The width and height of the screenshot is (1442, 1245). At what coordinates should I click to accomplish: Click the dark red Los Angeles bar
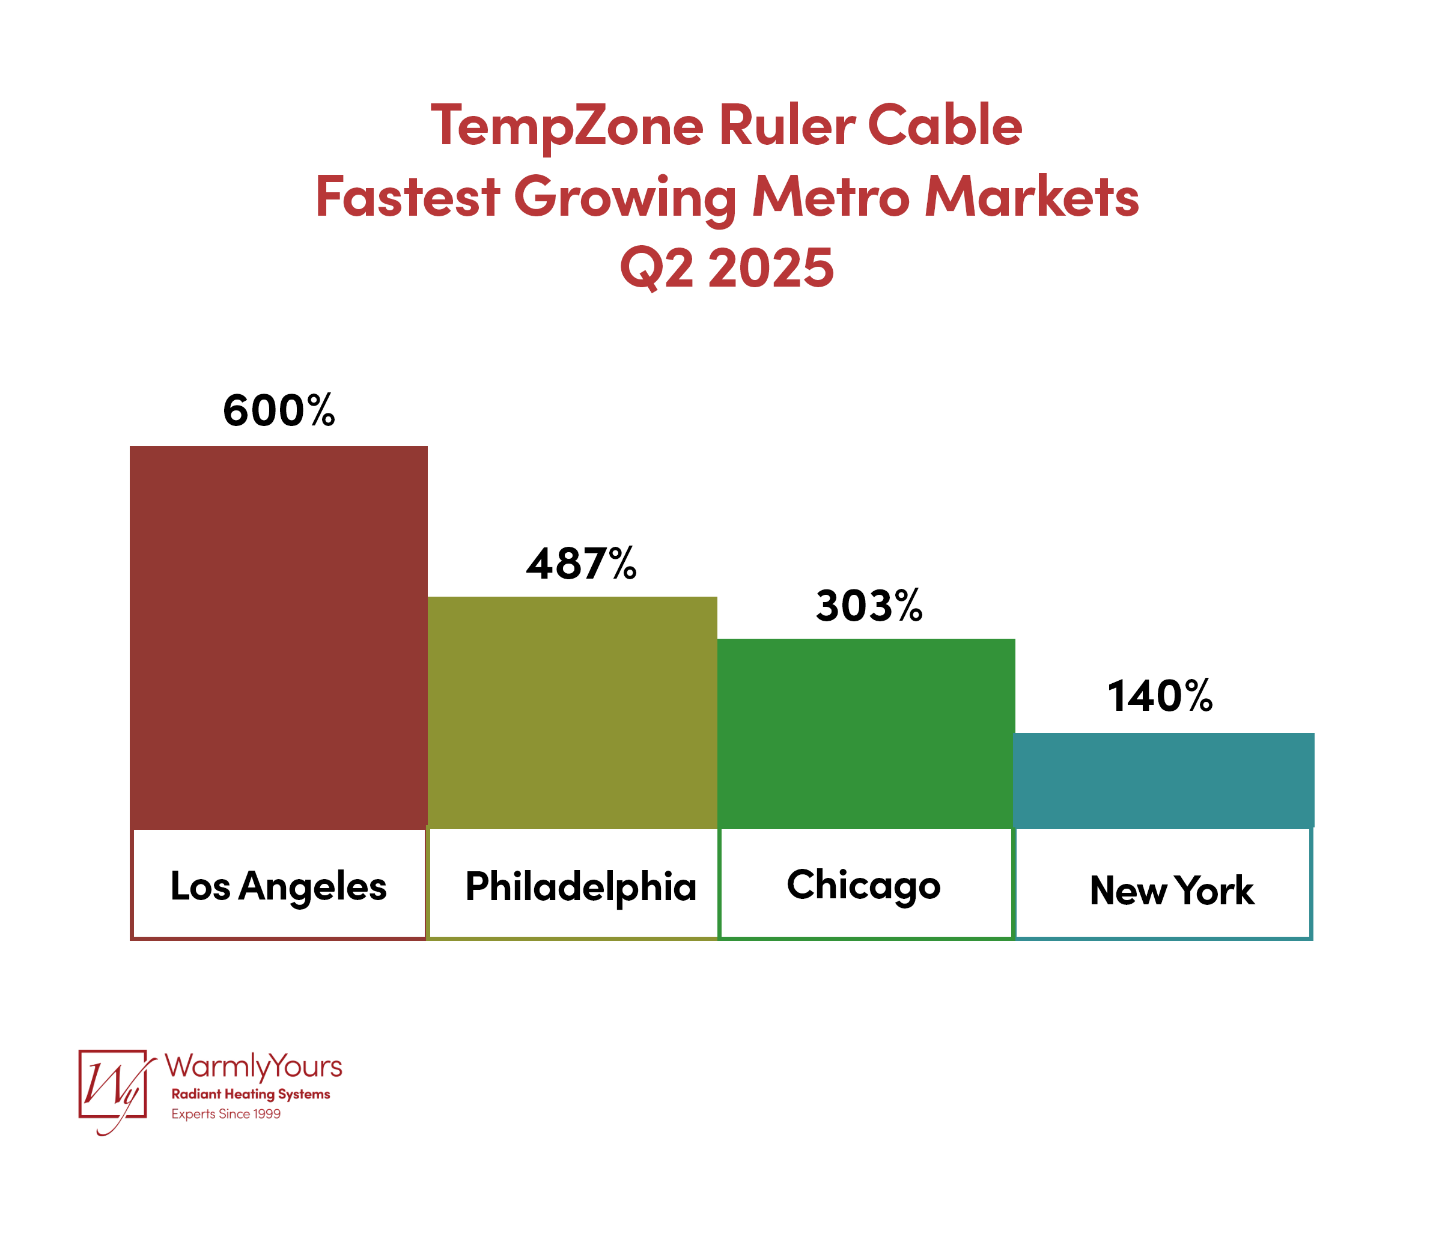[278, 637]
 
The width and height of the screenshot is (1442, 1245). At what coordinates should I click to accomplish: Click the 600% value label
[279, 410]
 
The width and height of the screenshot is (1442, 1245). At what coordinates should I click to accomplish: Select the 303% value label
[869, 606]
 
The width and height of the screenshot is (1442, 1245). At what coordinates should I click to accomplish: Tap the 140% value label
[1160, 696]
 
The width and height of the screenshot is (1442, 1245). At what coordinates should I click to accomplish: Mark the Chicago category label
[863, 885]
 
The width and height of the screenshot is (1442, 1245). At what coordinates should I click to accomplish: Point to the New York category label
[1172, 890]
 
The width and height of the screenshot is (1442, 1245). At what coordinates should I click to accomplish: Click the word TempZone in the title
[567, 126]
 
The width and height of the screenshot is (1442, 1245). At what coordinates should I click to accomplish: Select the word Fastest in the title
[407, 197]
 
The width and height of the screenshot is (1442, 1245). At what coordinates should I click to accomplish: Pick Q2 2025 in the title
[726, 268]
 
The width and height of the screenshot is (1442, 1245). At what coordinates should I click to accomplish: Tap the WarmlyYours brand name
[254, 1065]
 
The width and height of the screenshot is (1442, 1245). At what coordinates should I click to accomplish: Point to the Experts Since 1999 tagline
[226, 1114]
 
